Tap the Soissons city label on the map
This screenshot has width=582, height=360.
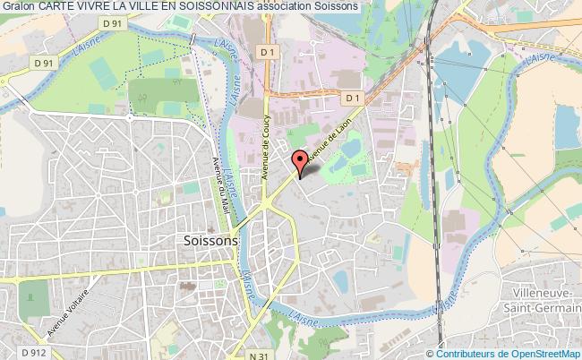pos(211,241)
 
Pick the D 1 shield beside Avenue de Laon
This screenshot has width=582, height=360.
pos(351,98)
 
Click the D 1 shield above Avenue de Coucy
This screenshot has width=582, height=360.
pos(266,54)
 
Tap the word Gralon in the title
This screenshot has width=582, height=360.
pos(18,6)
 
